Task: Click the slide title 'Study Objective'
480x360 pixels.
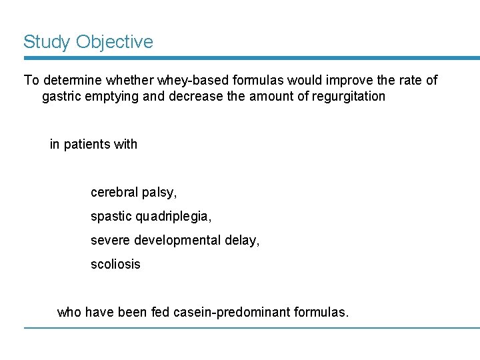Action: (x=88, y=42)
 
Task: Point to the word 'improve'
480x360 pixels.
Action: (x=347, y=81)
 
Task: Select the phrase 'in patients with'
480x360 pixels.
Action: (x=93, y=145)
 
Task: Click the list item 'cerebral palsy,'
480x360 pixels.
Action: (x=134, y=193)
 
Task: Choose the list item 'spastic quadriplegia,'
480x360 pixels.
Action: (x=151, y=217)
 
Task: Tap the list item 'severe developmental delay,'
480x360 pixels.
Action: (x=175, y=240)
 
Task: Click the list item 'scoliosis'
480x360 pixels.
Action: (x=115, y=264)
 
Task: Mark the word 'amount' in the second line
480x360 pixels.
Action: (x=271, y=97)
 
